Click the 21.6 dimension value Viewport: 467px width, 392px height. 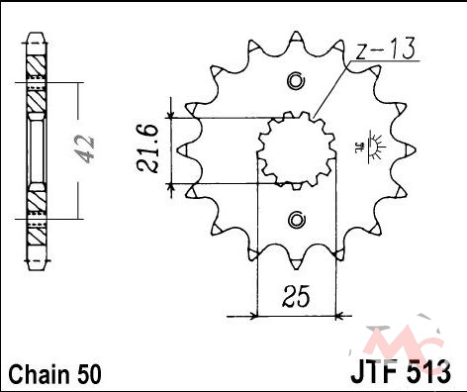[x=148, y=148]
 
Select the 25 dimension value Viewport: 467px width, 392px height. [x=296, y=296]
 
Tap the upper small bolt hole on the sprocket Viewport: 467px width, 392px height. [x=296, y=80]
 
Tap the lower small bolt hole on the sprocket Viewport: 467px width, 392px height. [x=296, y=220]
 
